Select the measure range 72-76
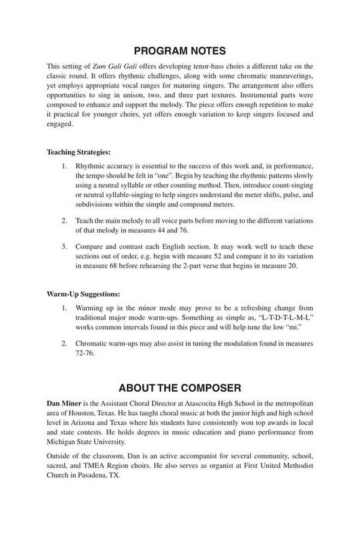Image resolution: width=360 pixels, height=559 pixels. tap(86, 353)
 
